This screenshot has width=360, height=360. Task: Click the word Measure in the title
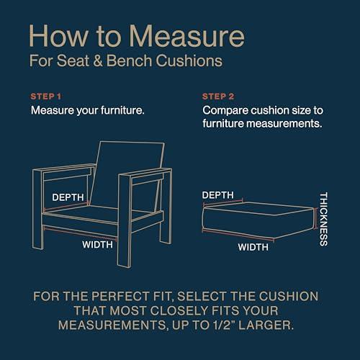(190, 37)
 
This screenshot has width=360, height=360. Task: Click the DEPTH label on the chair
(68, 197)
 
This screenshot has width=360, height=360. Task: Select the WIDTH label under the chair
(97, 245)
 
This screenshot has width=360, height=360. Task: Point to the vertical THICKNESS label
(324, 218)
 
